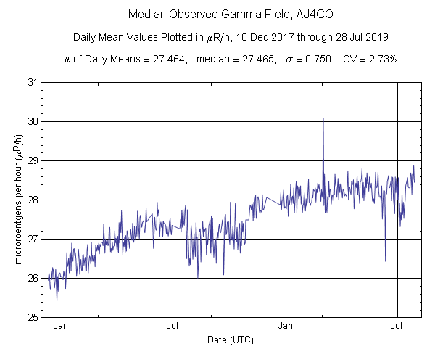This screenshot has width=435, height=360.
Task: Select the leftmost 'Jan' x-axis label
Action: coord(62,327)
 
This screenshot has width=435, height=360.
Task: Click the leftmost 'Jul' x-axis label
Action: coord(173,327)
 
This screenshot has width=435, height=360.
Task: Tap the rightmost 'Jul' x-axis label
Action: coord(397,327)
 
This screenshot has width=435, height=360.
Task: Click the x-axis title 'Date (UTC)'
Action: coord(229,340)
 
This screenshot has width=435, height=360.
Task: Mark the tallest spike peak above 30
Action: coord(323,118)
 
